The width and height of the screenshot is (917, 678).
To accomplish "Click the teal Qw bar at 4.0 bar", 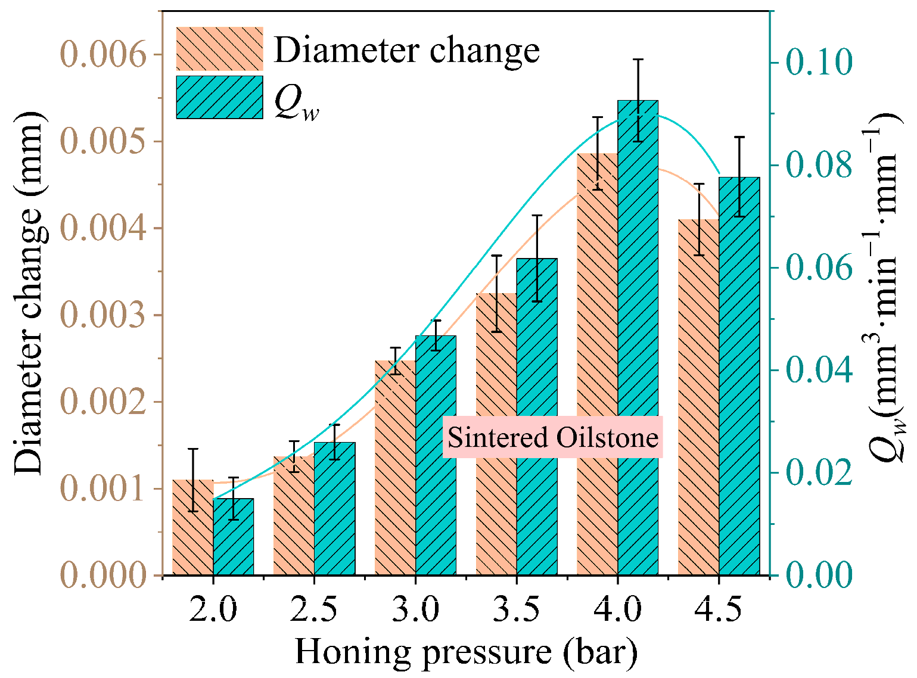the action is click(638, 337).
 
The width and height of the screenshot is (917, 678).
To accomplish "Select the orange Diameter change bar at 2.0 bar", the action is click(192, 527).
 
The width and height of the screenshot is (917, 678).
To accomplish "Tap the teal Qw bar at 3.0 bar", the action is click(436, 455).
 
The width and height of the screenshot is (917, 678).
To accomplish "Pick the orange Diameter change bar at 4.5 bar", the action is click(699, 397).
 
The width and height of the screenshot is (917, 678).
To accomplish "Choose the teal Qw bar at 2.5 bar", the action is click(334, 509).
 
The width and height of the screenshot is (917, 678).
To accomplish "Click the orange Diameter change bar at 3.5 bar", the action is click(496, 434).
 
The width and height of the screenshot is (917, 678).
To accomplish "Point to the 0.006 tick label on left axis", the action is click(103, 55).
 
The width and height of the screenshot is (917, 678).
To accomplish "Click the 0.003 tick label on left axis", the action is click(103, 315).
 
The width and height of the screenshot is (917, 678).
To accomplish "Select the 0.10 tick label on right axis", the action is click(819, 62).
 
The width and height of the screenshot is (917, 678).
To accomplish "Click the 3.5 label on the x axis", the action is click(517, 610).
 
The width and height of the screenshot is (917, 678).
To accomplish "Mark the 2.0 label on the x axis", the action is click(213, 610).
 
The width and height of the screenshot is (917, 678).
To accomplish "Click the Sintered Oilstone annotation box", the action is click(553, 437).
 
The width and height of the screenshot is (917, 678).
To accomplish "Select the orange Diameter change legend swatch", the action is click(219, 49).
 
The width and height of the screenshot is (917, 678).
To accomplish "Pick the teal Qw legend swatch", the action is click(219, 97).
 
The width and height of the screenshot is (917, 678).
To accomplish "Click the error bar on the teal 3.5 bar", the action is click(537, 259).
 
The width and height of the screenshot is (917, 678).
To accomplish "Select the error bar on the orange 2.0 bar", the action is click(193, 480).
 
